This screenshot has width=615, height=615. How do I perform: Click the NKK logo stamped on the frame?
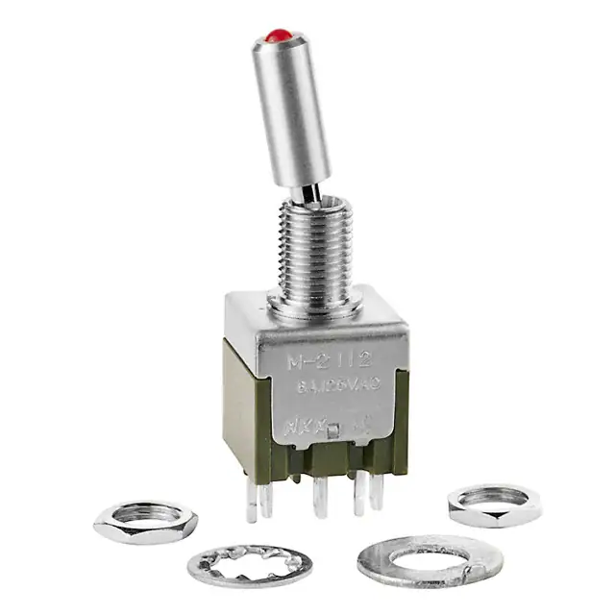point(306,424)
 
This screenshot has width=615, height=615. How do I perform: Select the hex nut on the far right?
point(493,503)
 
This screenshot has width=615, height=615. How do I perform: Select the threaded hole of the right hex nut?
point(493,496)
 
